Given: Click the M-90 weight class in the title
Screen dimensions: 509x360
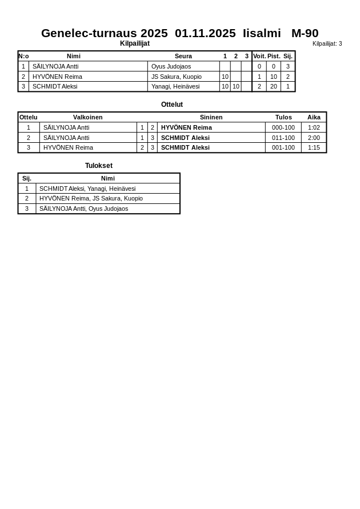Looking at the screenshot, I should click(305, 33).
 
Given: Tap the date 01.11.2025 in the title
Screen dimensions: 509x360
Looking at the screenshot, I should click(205, 33).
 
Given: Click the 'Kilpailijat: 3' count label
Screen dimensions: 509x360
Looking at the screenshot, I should click(327, 43).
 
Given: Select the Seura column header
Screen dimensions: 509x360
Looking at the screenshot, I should click(183, 56).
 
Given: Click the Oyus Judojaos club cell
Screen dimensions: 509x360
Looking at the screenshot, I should click(171, 66).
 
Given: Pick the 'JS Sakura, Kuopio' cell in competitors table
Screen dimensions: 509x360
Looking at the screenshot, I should click(176, 77).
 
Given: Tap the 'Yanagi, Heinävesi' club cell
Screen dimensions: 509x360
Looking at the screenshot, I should click(175, 86).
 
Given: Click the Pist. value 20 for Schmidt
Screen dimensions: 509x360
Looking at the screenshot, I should click(274, 86).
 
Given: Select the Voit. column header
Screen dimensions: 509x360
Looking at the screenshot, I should click(259, 56).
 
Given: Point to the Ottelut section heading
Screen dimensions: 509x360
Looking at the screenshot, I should click(172, 105).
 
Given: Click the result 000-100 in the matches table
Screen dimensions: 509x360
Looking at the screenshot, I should click(283, 127).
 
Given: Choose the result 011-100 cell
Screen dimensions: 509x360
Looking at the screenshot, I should click(283, 138).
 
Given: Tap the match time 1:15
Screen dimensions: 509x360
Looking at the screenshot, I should click(314, 147).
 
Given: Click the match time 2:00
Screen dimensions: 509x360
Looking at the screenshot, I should click(314, 138).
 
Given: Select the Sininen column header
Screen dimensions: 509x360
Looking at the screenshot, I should click(211, 117).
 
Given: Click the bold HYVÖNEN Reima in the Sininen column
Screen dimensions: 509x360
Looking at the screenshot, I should click(186, 127).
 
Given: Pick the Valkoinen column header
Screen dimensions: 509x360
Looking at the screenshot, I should click(88, 117).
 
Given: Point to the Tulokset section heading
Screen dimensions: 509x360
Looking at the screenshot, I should click(99, 166).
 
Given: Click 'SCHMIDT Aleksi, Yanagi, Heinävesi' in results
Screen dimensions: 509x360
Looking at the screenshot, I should click(87, 189).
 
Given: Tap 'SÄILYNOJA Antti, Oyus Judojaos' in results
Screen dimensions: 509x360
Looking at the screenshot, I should click(83, 209).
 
